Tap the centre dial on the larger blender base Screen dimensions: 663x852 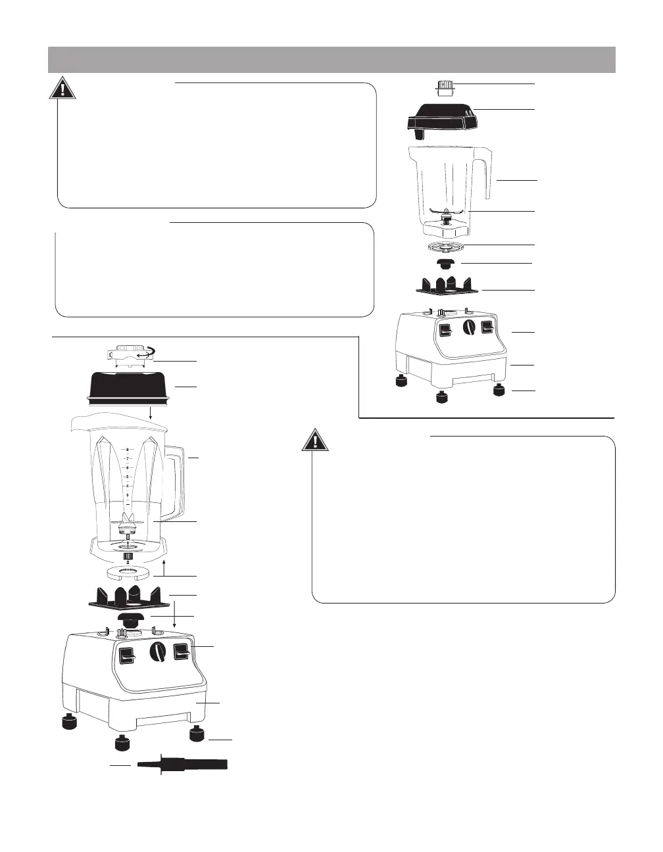tap(157, 652)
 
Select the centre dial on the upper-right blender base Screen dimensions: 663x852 tap(468, 328)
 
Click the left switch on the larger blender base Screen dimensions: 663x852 tap(127, 655)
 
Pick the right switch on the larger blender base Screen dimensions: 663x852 tap(182, 652)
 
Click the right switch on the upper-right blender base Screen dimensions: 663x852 tap(487, 328)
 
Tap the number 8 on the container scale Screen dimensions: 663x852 tap(128, 450)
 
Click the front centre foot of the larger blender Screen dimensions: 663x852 tap(122, 744)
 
